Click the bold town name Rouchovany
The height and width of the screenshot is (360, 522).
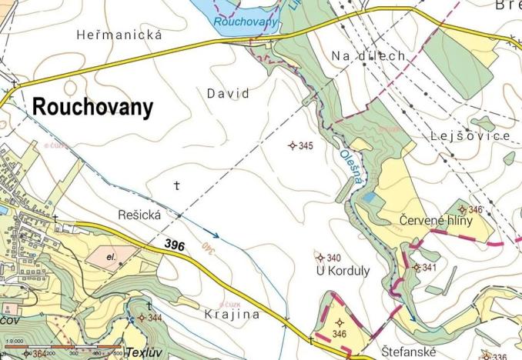point(92,108)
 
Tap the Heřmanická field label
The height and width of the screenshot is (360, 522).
point(120,35)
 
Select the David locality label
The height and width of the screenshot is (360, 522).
point(228,93)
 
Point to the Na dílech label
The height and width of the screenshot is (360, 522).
point(368,55)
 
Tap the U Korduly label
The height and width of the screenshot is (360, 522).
point(343,271)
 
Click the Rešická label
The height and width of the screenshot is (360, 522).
point(139,215)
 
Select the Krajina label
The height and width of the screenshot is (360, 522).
point(233,315)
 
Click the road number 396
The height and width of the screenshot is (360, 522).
point(176,243)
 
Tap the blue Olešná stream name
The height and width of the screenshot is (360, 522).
point(347,163)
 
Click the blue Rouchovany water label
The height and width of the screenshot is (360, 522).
point(245,22)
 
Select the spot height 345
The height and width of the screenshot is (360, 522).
point(301,145)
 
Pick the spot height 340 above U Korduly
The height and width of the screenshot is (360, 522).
point(329,258)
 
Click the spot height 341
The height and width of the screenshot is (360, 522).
point(424,268)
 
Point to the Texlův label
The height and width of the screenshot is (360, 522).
point(143,352)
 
